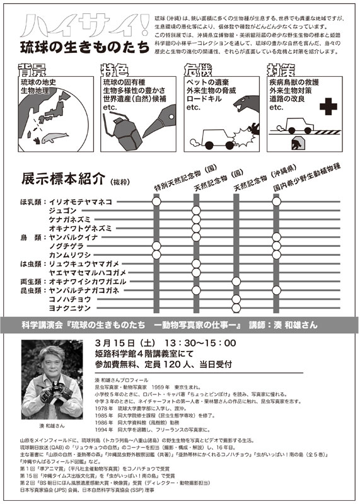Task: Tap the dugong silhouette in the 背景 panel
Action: click(64, 134)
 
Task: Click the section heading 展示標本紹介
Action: click(64, 178)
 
